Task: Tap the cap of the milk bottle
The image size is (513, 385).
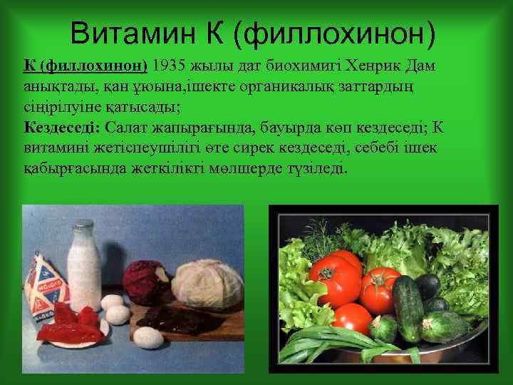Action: tap(85, 226)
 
